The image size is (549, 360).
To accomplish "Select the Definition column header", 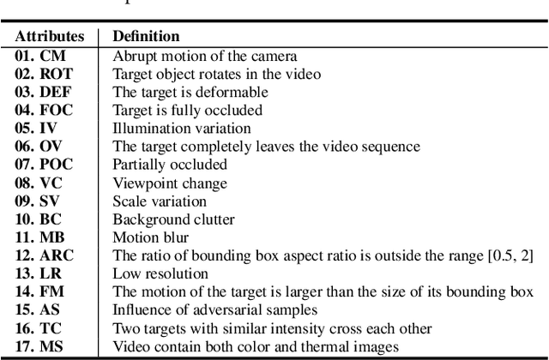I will pos(147,37).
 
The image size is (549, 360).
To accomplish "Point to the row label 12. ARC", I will pos(42,255).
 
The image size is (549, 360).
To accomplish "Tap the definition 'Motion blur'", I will pos(145,237).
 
